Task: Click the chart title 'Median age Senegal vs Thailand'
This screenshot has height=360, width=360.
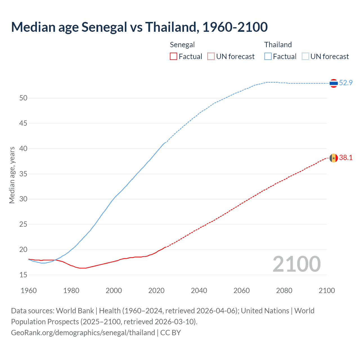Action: (x=139, y=27)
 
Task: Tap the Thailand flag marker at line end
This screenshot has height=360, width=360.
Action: (x=334, y=83)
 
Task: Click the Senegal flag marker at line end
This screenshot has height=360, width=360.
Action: (x=334, y=158)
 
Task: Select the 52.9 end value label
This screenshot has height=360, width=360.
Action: (x=346, y=83)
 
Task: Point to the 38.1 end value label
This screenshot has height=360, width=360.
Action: (x=346, y=157)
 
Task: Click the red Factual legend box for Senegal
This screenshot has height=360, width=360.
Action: (x=174, y=56)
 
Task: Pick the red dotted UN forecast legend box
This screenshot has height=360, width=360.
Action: (x=211, y=56)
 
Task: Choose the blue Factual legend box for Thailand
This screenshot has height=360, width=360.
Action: (x=268, y=56)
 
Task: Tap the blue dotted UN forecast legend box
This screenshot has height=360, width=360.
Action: (x=305, y=56)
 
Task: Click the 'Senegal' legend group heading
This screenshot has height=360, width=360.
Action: (x=182, y=45)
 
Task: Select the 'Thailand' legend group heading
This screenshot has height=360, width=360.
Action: (x=278, y=45)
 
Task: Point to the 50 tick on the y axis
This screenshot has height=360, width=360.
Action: (x=23, y=98)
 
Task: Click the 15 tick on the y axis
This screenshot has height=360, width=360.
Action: (x=23, y=275)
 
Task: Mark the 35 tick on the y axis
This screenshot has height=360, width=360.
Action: (x=23, y=174)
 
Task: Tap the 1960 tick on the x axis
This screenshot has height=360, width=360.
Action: (x=29, y=291)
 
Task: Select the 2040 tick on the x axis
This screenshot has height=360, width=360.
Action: (x=199, y=291)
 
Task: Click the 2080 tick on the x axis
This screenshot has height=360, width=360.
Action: (x=284, y=291)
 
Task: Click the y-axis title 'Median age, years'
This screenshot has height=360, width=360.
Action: (x=12, y=175)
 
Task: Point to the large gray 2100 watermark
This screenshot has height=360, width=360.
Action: (x=296, y=264)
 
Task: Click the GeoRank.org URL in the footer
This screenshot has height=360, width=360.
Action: (x=83, y=333)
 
